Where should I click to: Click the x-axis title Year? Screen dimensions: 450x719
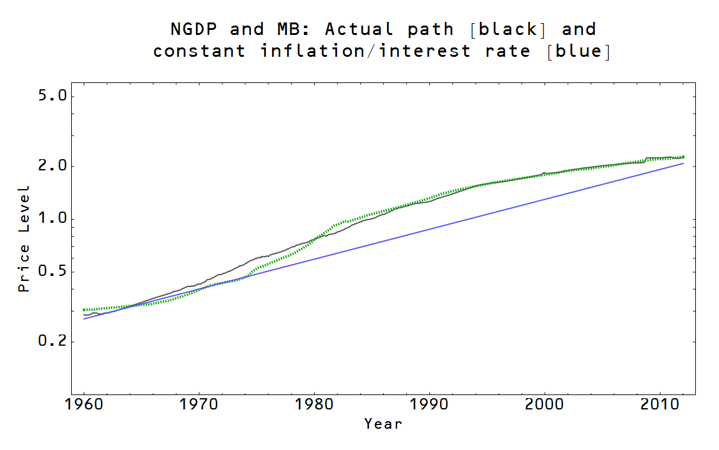pos(383,424)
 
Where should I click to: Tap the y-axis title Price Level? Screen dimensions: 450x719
pos(24,238)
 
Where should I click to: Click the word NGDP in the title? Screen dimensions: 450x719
pos(193,29)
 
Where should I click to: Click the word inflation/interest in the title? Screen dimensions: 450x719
pos(366,51)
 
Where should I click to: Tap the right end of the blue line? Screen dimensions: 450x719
pos(683,164)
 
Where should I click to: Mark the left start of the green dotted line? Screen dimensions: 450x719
pos(84,310)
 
